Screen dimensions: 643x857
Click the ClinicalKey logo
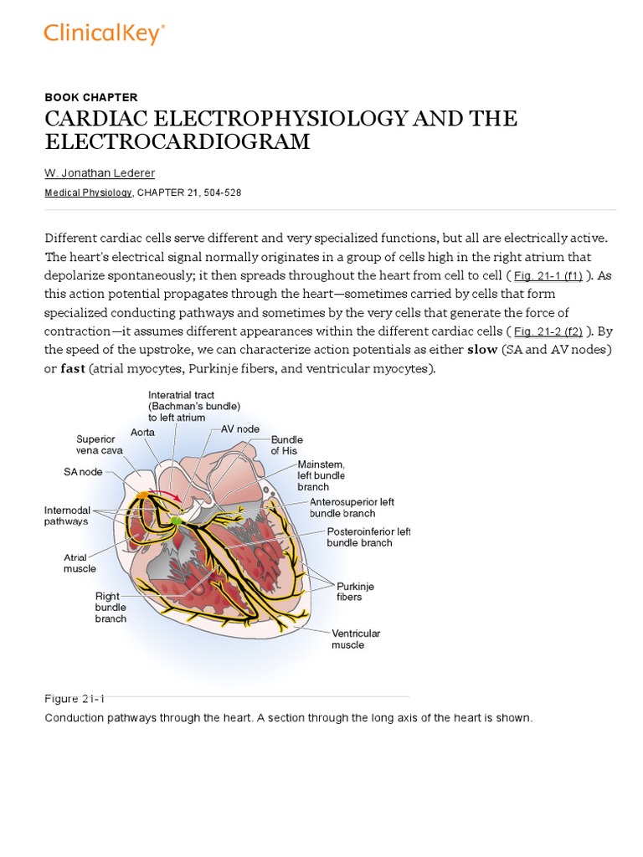[x=104, y=33]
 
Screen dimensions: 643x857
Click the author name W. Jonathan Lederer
[x=99, y=172]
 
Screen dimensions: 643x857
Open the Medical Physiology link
[x=88, y=192]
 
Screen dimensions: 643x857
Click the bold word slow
[x=482, y=350]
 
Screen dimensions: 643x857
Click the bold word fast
[x=73, y=368]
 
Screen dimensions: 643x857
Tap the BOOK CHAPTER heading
[x=91, y=97]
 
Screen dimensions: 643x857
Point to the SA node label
[x=83, y=472]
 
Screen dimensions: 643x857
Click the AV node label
[x=240, y=428]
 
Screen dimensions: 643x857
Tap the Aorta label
[x=142, y=432]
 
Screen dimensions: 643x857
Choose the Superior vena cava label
[x=99, y=444]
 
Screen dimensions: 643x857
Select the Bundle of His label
[x=286, y=444]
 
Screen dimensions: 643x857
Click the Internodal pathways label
[x=66, y=516]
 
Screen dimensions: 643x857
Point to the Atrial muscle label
[x=80, y=562]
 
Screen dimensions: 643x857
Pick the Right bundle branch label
[x=111, y=607]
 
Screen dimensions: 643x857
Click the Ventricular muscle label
[x=356, y=639]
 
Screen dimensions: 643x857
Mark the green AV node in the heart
[x=176, y=521]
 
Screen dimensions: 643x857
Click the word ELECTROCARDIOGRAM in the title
[x=177, y=142]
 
